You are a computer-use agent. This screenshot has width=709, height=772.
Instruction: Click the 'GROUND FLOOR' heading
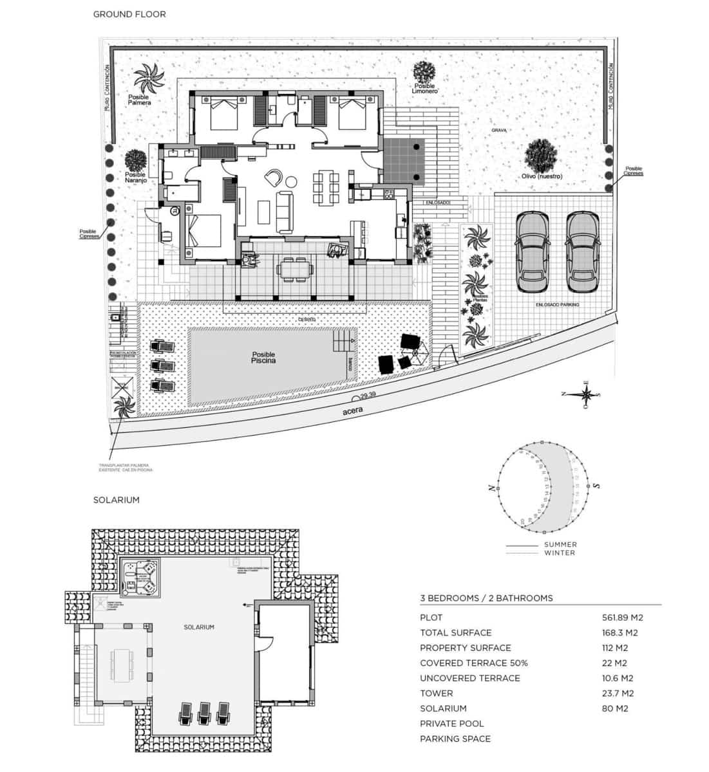129,14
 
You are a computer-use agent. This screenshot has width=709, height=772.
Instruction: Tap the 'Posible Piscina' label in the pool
263,358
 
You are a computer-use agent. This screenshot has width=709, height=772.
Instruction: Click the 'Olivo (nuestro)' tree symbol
540,156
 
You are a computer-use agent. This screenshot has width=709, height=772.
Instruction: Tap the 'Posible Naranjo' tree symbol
135,160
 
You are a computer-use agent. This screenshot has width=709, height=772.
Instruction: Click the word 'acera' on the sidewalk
354,410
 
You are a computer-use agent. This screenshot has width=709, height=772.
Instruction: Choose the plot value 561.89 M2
622,617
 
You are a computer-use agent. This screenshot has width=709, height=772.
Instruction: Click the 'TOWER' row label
436,693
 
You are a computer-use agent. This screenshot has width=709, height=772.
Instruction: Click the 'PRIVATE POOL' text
451,724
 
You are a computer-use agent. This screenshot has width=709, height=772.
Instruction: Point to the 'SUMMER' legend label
560,544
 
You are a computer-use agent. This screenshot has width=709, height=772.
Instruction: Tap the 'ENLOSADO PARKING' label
558,304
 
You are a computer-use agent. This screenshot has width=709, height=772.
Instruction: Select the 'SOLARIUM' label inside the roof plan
198,627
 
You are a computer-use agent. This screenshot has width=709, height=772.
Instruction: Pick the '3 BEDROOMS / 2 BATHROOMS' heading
486,598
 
